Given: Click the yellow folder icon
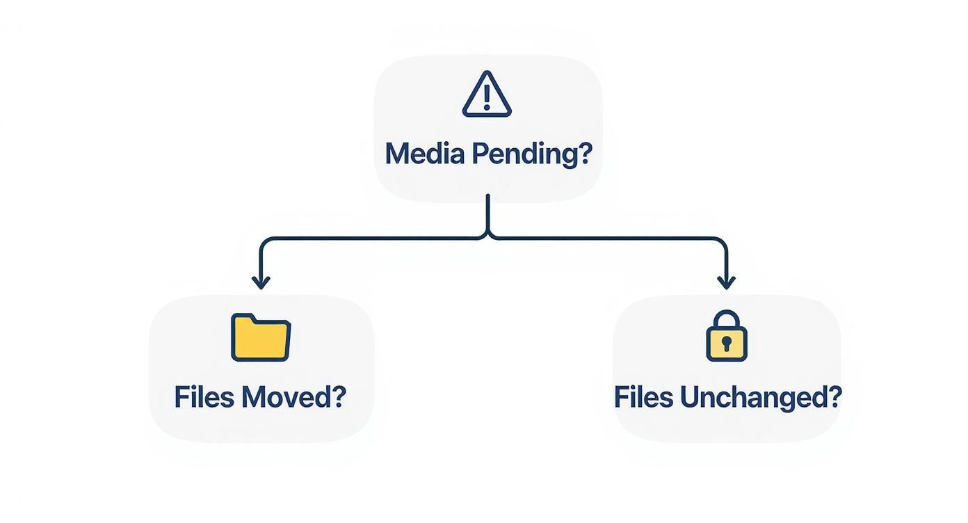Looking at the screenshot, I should pyautogui.click(x=261, y=338).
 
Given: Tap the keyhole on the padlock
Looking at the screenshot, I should pyautogui.click(x=726, y=343).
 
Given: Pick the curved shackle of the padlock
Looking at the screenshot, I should pyautogui.click(x=726, y=319).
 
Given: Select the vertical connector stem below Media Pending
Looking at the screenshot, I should pyautogui.click(x=488, y=212).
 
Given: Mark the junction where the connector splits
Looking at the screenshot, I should pyautogui.click(x=488, y=236).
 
